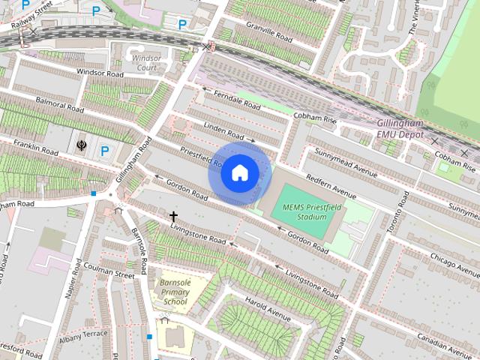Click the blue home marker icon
(x=239, y=173)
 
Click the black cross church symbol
(x=174, y=217)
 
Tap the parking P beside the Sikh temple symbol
(x=105, y=151)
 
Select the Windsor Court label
(x=146, y=62)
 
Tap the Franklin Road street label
(x=30, y=139)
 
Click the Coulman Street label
(x=109, y=274)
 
